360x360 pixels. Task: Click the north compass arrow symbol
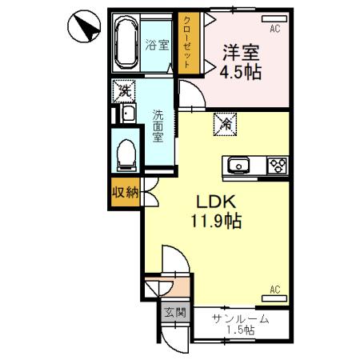pos(82,26)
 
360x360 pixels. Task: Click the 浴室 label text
pos(157,46)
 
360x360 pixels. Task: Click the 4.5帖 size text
pos(241,70)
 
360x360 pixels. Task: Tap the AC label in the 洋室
pos(274,29)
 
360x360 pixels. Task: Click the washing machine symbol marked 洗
pos(124,90)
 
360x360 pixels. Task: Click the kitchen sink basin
pos(238,166)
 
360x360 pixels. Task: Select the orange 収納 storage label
pos(125,192)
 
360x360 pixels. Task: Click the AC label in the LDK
pos(274,289)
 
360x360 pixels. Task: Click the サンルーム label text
pos(240,319)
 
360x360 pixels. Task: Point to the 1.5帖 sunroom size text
pos(240,330)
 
